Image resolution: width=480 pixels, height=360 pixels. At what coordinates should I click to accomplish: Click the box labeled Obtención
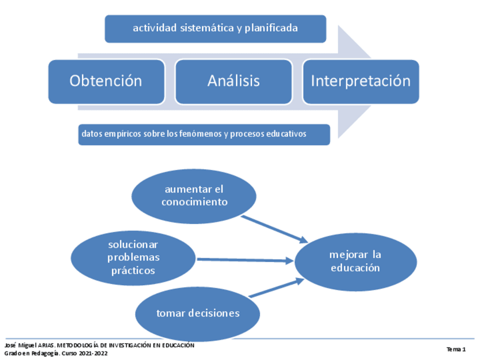pyautogui.click(x=106, y=81)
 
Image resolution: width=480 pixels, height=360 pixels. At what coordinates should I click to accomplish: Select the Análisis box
pyautogui.click(x=233, y=81)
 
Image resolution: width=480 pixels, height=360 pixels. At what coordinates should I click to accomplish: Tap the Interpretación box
pyautogui.click(x=361, y=81)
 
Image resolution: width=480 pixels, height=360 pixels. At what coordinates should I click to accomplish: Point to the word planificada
pyautogui.click(x=271, y=28)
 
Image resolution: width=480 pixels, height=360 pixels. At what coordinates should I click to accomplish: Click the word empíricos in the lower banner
pyautogui.click(x=123, y=134)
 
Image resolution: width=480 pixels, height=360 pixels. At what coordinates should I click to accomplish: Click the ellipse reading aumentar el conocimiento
pyautogui.click(x=194, y=196)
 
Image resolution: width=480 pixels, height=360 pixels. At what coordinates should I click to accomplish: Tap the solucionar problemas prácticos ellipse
pyautogui.click(x=133, y=258)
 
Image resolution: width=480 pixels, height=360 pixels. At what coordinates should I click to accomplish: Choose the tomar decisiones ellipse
pyautogui.click(x=198, y=313)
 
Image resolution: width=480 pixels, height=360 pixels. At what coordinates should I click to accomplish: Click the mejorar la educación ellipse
pyautogui.click(x=355, y=262)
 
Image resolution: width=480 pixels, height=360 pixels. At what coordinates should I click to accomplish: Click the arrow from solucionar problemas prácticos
pyautogui.click(x=245, y=260)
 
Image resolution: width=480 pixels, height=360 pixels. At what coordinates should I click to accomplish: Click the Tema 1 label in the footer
pyautogui.click(x=456, y=349)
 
